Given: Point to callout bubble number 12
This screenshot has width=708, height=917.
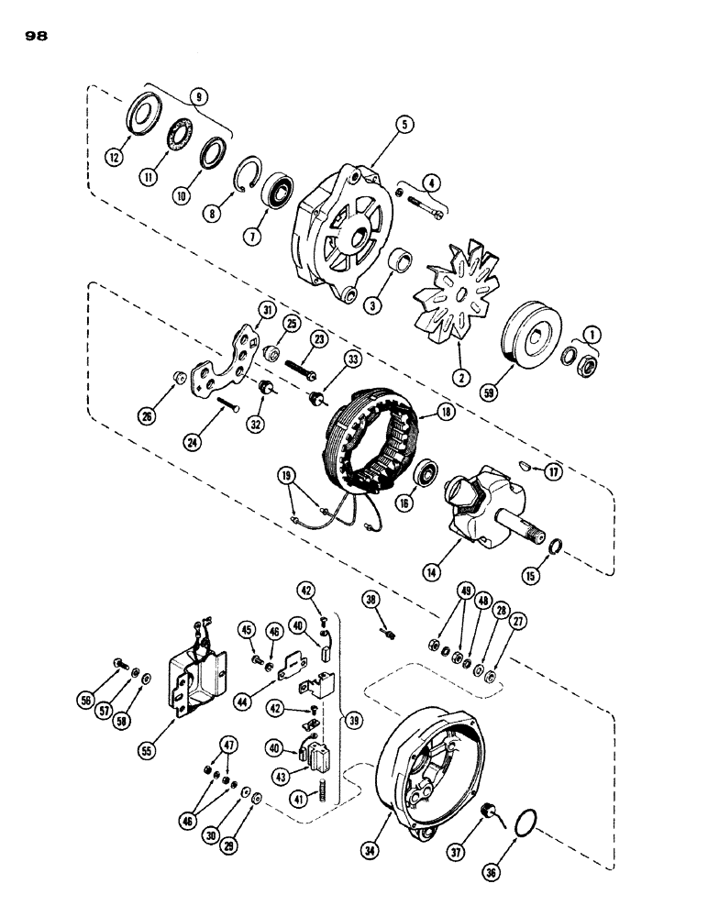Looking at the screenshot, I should pos(114,158).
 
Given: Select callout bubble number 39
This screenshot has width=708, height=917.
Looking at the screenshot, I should pos(351,717).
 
